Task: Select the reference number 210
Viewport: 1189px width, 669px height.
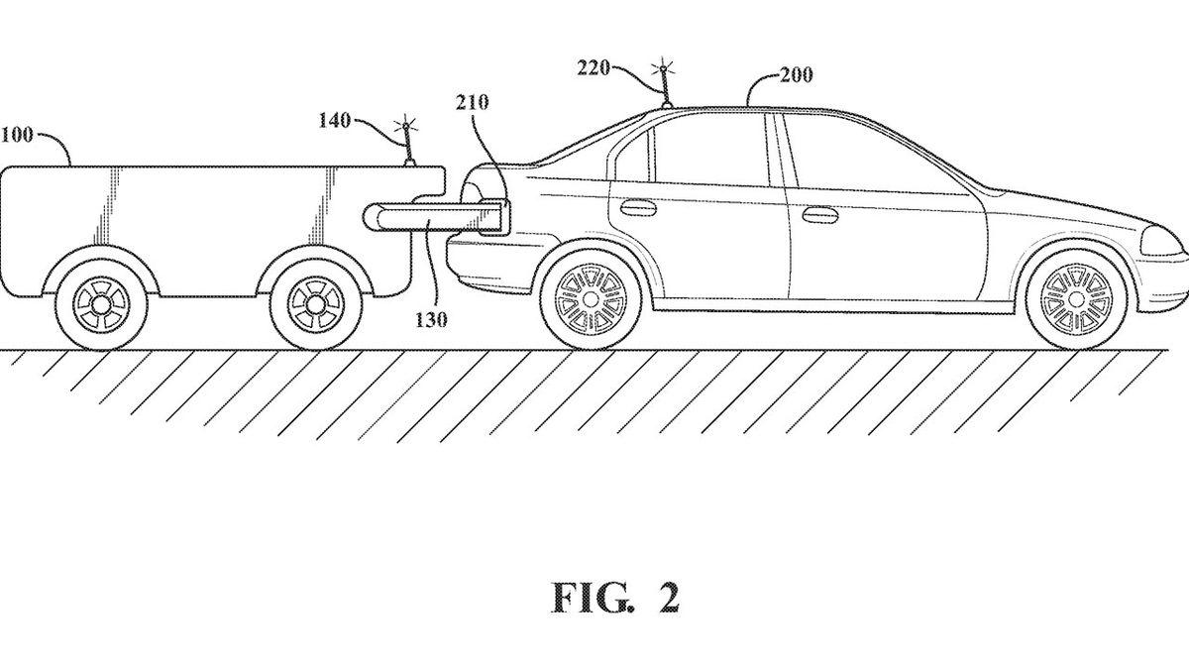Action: click(474, 103)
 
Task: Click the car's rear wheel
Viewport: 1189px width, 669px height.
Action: click(592, 295)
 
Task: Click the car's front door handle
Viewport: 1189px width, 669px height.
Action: click(819, 214)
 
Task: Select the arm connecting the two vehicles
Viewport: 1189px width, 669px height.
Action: click(436, 214)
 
